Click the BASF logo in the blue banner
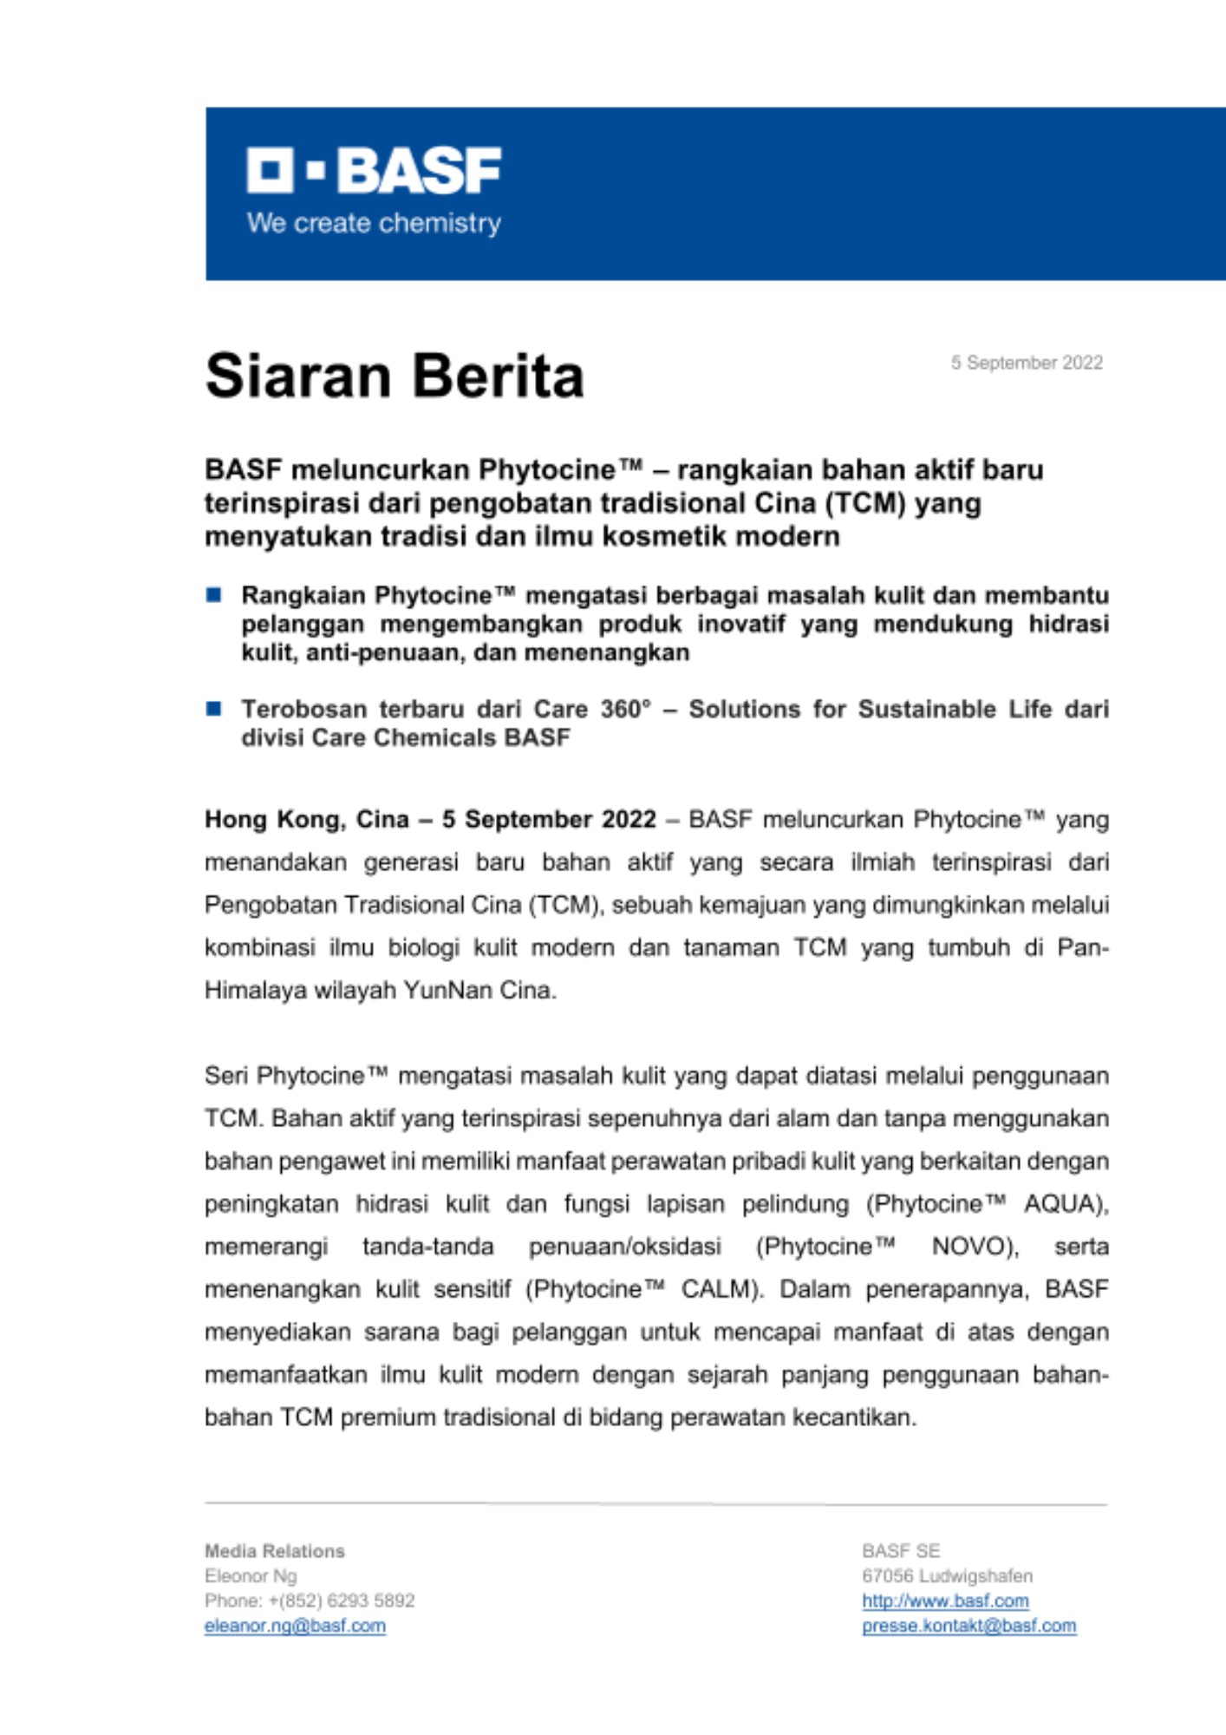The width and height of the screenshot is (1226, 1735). tap(374, 170)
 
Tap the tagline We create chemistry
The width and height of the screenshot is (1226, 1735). tap(374, 224)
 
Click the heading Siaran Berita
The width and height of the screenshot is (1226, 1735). tap(395, 376)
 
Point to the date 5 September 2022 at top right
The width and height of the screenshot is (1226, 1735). tap(1027, 363)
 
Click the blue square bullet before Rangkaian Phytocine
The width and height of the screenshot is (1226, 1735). tap(214, 595)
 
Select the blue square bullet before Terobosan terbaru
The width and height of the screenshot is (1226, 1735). tap(214, 709)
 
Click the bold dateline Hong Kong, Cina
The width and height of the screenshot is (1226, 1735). tap(306, 820)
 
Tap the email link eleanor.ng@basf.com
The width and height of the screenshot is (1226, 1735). tap(295, 1626)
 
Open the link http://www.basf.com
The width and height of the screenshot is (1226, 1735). tap(945, 1601)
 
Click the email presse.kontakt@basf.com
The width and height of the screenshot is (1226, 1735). tap(968, 1626)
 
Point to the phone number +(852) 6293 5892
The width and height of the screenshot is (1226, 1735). tap(342, 1601)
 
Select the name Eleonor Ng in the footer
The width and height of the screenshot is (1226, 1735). tap(251, 1575)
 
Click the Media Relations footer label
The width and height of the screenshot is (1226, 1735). tap(275, 1551)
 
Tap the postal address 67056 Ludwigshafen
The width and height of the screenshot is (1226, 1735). tap(947, 1575)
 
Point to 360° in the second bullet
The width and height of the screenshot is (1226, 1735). tap(625, 709)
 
